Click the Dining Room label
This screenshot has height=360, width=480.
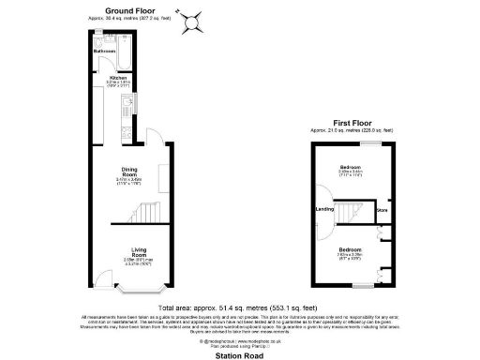coord(129,172)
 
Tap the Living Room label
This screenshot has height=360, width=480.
coord(139,252)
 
